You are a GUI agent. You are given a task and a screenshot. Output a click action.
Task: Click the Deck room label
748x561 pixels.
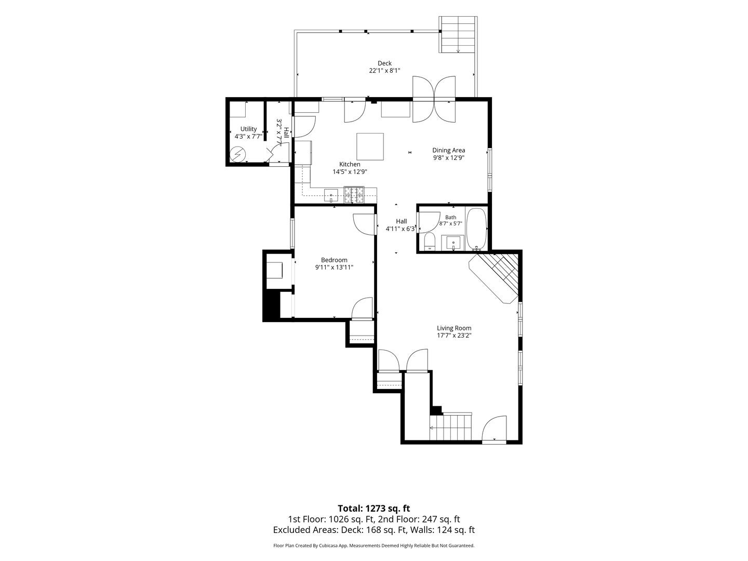(x=384, y=63)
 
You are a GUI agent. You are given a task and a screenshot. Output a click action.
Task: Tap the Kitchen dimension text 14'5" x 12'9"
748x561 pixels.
(x=350, y=171)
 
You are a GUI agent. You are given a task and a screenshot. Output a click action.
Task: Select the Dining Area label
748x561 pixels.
(x=448, y=150)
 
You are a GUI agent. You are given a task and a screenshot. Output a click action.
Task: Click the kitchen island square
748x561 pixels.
(x=370, y=146)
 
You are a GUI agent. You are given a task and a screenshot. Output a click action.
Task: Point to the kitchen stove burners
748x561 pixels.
(x=354, y=195)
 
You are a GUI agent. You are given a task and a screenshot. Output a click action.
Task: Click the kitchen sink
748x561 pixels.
(x=330, y=195)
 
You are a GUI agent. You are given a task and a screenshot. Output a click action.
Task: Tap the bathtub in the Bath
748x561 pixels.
(x=476, y=229)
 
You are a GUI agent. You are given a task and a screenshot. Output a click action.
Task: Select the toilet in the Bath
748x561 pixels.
(x=430, y=242)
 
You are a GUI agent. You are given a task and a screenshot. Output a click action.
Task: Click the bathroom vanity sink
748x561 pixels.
(x=453, y=243)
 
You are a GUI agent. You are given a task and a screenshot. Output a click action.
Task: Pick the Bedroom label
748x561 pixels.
(x=334, y=260)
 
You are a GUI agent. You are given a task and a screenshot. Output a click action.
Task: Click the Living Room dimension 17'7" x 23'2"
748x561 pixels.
(x=454, y=336)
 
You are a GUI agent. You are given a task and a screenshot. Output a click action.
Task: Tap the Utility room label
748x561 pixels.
(x=248, y=129)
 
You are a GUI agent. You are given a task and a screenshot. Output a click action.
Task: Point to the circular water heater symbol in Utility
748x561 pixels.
(x=237, y=154)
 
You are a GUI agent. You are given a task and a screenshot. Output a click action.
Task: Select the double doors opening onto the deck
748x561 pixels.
(x=434, y=99)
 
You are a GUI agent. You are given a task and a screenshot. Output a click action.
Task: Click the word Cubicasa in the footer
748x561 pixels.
(x=330, y=545)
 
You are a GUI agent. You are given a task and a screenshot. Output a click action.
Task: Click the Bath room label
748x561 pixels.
(x=450, y=217)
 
